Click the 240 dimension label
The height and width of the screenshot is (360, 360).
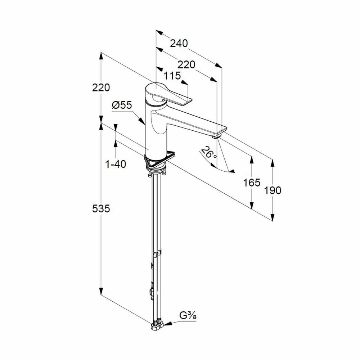pyautogui.click(x=179, y=43)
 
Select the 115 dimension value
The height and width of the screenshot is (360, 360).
pyautogui.click(x=172, y=76)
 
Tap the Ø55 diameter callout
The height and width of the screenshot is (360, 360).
pyautogui.click(x=122, y=105)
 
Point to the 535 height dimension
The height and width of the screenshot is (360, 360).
pyautogui.click(x=101, y=208)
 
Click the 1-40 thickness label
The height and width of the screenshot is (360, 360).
pyautogui.click(x=116, y=164)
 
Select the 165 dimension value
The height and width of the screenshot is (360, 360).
pyautogui.click(x=252, y=183)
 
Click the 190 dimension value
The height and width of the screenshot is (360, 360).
pyautogui.click(x=273, y=190)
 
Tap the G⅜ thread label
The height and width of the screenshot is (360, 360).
pyautogui.click(x=188, y=316)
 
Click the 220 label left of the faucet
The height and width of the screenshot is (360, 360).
pyautogui.click(x=101, y=87)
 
